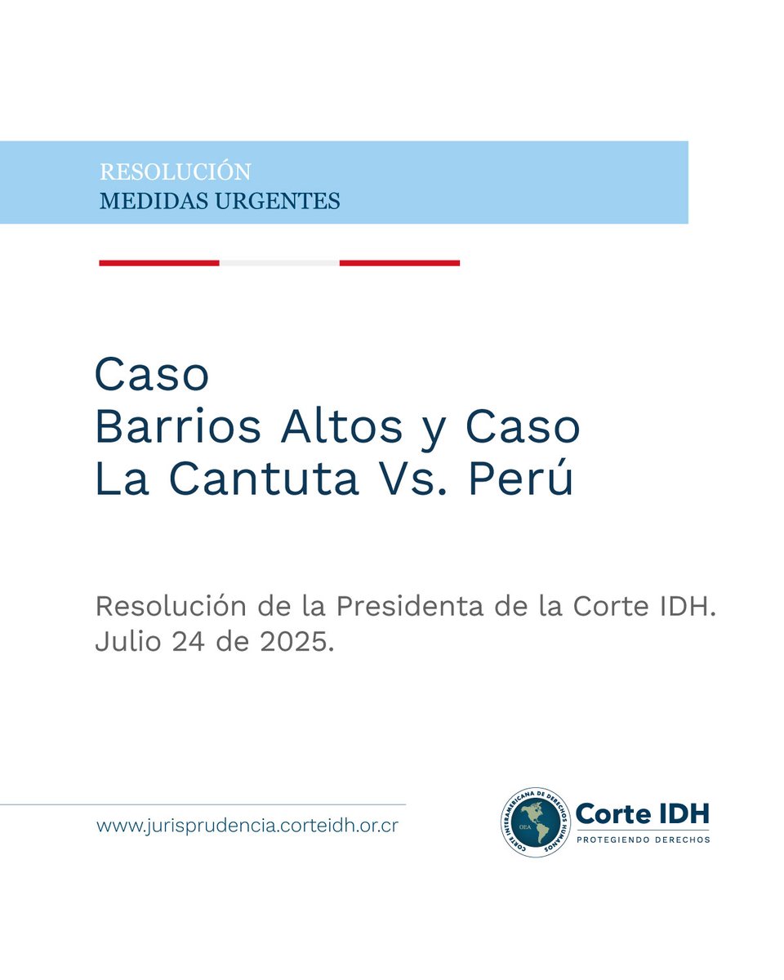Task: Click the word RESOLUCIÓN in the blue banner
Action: tap(175, 171)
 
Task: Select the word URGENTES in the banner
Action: tap(278, 201)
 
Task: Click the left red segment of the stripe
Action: tap(159, 263)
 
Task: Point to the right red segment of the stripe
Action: tap(399, 263)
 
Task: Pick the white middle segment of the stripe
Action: tap(279, 263)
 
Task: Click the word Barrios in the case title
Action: tap(178, 426)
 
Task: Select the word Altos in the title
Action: tap(342, 426)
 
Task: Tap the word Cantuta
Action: tap(264, 479)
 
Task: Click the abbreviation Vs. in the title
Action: tap(412, 479)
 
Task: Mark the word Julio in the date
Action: tap(128, 642)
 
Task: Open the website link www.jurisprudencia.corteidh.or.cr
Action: tap(247, 826)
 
